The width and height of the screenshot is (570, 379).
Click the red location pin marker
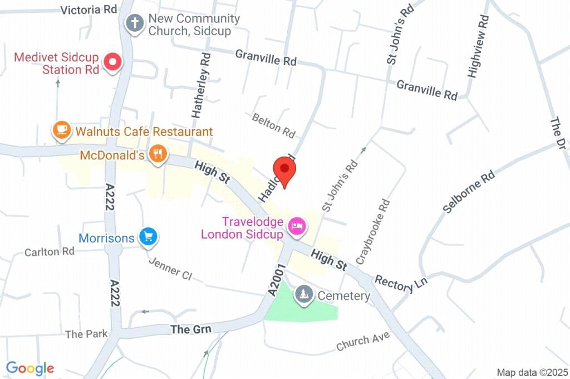284,169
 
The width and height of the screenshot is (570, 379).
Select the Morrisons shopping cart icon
148,237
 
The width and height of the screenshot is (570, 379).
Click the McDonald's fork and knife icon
158,154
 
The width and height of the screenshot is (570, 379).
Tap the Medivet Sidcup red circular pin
114,62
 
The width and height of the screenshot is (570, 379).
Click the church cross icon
134,24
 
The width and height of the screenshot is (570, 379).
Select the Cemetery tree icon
303,294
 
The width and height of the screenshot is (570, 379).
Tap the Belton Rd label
273,126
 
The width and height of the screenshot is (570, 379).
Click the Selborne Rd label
469,192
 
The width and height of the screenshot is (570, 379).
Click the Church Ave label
362,342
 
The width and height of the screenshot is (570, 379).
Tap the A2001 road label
277,280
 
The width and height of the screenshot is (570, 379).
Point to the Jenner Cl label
170,268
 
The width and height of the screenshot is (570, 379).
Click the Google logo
30,368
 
